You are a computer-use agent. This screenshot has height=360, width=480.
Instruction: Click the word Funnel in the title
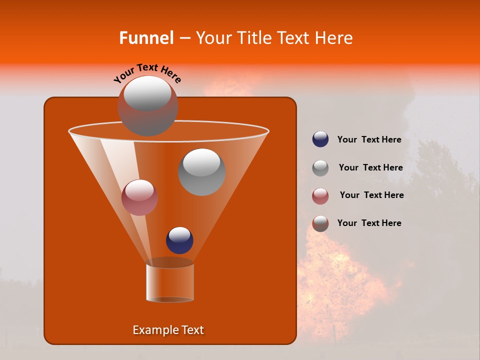tap(146, 38)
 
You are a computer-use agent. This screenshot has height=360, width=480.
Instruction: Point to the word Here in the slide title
tap(334, 38)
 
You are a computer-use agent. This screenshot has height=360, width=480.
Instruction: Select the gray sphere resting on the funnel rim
tap(147, 105)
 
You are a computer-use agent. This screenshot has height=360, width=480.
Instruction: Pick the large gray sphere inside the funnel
tap(202, 172)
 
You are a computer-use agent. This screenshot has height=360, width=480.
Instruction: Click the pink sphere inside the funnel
tap(140, 197)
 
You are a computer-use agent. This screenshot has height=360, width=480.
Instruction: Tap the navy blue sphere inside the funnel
tap(180, 240)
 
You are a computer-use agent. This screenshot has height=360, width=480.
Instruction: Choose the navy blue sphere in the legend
tap(320, 139)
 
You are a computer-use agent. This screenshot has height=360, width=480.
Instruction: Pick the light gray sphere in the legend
tap(320, 168)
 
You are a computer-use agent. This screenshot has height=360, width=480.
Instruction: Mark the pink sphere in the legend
tap(320, 196)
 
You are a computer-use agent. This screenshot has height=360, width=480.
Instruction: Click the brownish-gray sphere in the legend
tap(320, 223)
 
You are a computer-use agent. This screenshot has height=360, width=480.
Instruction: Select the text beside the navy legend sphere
tap(369, 140)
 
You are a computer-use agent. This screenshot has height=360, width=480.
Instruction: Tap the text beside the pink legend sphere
tap(371, 195)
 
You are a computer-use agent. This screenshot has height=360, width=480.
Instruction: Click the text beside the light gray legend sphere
tap(370, 167)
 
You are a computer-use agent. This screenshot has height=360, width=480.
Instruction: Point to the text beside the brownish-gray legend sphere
tap(369, 223)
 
